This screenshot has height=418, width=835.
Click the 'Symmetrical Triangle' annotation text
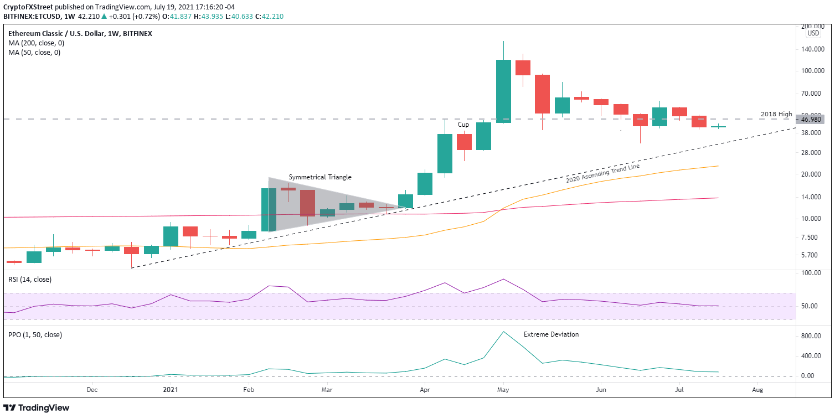point(319,177)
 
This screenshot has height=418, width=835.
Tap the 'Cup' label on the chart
point(463,125)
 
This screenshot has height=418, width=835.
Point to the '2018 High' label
point(776,114)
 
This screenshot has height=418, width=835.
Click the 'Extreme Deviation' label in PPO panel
point(551,334)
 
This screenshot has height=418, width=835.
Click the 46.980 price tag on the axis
point(813,119)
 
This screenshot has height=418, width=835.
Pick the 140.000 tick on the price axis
point(813,49)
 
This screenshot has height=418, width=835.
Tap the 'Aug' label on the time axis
point(757,389)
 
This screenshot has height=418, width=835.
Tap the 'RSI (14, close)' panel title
point(29,280)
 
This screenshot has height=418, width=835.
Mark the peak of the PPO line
point(503,332)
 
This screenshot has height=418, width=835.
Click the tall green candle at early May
point(503,91)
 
